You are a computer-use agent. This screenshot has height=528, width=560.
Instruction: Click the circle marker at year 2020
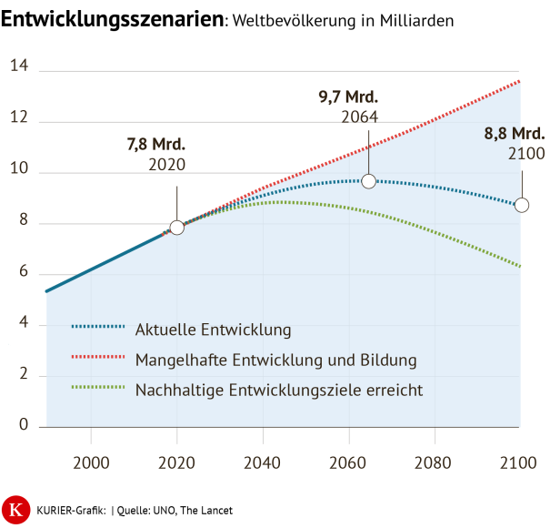pyautogui.click(x=177, y=227)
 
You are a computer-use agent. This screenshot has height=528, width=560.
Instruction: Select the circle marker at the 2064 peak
pyautogui.click(x=368, y=181)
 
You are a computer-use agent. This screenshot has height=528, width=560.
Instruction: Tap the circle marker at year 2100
pyautogui.click(x=522, y=205)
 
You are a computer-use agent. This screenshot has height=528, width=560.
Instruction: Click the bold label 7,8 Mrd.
pyautogui.click(x=156, y=144)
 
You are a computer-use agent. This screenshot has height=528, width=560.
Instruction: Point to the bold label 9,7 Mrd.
pyautogui.click(x=348, y=96)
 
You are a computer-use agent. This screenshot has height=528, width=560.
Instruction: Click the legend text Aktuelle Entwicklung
pyautogui.click(x=213, y=329)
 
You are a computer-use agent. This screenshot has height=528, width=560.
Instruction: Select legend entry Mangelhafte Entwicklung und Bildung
pyautogui.click(x=275, y=360)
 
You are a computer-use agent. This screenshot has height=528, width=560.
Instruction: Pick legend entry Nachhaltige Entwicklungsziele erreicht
pyautogui.click(x=279, y=390)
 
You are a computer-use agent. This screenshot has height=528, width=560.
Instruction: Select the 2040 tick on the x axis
pyautogui.click(x=262, y=463)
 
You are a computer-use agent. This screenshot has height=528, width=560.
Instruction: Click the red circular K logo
pyautogui.click(x=15, y=508)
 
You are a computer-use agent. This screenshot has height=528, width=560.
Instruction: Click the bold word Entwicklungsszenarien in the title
pyautogui.click(x=114, y=20)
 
